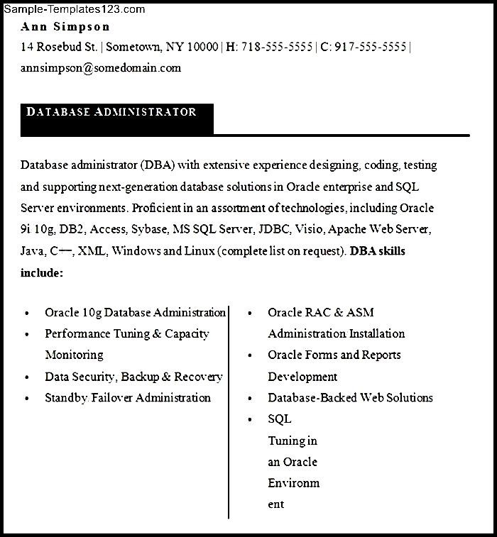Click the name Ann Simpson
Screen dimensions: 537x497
point(65,27)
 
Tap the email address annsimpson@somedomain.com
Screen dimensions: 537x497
point(101,68)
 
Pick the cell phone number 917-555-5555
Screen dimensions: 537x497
point(371,48)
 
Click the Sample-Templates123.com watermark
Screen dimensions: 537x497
point(74,9)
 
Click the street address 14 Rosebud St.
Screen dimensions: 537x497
point(60,48)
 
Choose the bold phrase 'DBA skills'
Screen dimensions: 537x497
point(378,251)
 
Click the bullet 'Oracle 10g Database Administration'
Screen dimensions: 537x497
point(135,313)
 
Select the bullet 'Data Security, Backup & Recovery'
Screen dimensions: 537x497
point(133,377)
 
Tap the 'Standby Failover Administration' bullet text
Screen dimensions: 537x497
point(128,398)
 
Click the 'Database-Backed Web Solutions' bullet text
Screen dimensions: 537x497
point(350,398)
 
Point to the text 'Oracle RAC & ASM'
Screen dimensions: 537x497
point(321,313)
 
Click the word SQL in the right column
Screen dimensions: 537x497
point(279,419)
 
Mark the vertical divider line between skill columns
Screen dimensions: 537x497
point(229,411)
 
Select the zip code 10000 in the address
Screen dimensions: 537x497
point(202,48)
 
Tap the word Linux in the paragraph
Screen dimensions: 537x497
point(200,251)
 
